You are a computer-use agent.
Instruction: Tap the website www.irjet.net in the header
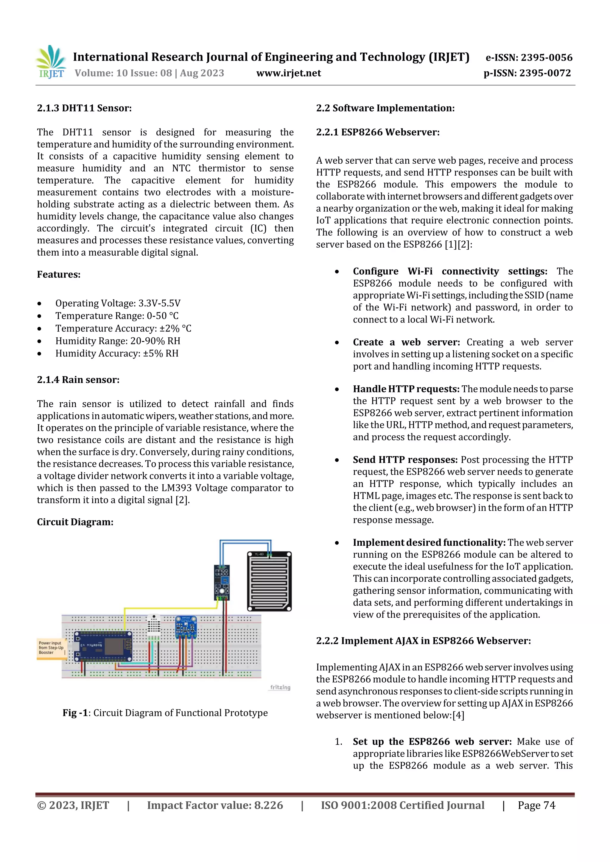coord(288,73)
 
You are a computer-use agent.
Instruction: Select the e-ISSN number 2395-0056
coord(528,57)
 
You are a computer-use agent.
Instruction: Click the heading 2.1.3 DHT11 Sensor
coord(84,108)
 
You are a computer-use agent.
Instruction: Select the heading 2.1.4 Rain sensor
coord(78,380)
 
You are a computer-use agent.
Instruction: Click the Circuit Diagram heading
coord(75,522)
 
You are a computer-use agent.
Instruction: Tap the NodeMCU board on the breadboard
coord(104,646)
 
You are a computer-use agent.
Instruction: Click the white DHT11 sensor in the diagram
coord(153,624)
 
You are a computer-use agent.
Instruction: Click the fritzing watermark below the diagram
coord(280,687)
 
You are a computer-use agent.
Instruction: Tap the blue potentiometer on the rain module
coord(225,580)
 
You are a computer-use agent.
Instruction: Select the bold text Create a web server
coord(406,342)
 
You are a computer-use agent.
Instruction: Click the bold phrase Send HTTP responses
coord(405,459)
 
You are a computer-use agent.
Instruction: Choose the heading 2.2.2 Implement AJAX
coord(423,641)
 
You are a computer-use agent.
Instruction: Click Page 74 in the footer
coord(536,805)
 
